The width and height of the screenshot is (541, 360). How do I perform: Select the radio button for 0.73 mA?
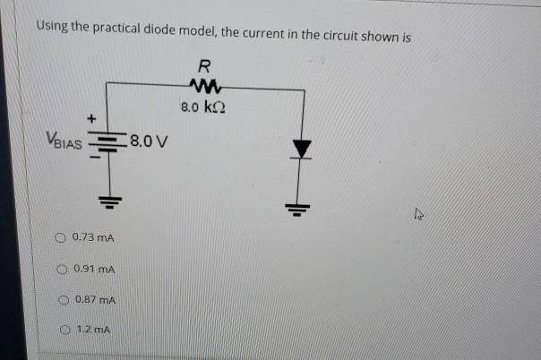pyautogui.click(x=61, y=237)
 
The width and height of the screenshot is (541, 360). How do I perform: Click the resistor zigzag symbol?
pyautogui.click(x=205, y=87)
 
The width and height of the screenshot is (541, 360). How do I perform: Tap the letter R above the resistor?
pyautogui.click(x=205, y=66)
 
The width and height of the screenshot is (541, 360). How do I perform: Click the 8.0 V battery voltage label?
pyautogui.click(x=150, y=141)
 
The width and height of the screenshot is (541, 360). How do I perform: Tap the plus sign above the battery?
pyautogui.click(x=90, y=117)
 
